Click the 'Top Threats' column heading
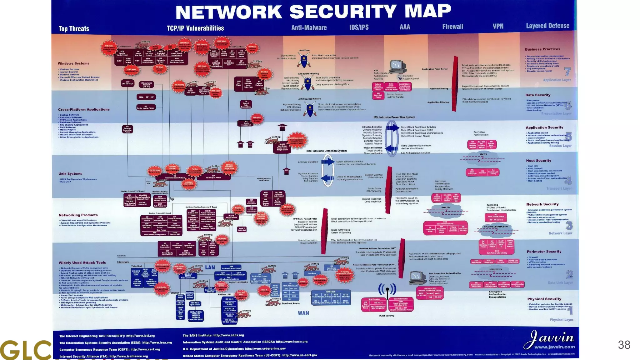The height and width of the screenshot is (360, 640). (74, 29)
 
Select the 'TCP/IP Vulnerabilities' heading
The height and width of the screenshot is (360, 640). (195, 28)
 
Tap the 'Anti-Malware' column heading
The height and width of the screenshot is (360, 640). (309, 27)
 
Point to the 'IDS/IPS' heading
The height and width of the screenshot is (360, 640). (359, 27)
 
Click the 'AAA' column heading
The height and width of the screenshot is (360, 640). (405, 27)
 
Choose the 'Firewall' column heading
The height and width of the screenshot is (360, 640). (452, 27)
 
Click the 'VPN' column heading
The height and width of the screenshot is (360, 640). (498, 26)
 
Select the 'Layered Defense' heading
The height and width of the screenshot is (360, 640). (547, 26)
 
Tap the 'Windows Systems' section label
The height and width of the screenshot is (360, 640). (73, 63)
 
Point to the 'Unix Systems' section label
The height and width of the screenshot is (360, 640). (70, 174)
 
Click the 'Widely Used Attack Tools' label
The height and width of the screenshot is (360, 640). (82, 263)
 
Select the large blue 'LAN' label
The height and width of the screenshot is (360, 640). (210, 267)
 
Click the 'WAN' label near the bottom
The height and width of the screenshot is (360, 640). (303, 313)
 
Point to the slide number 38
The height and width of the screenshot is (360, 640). (624, 345)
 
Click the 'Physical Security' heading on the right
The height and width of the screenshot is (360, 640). (544, 299)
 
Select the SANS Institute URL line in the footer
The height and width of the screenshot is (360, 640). (213, 335)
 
